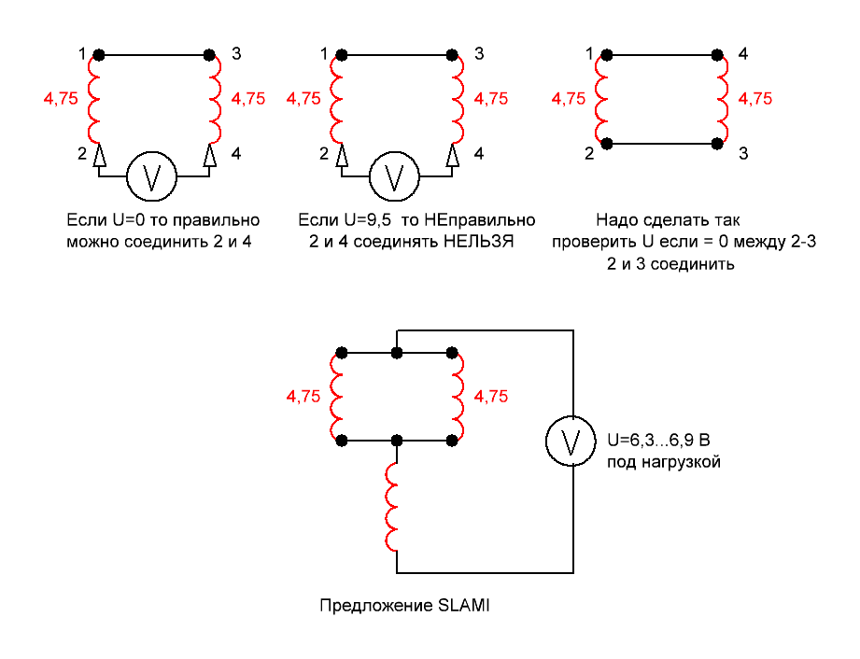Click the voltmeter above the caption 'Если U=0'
click(152, 175)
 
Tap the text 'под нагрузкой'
click(663, 461)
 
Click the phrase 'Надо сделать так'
click(667, 220)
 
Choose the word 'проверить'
click(585, 242)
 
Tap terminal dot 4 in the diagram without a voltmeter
click(718, 56)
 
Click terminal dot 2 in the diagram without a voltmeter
click(608, 143)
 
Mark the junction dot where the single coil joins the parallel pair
click(398, 439)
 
